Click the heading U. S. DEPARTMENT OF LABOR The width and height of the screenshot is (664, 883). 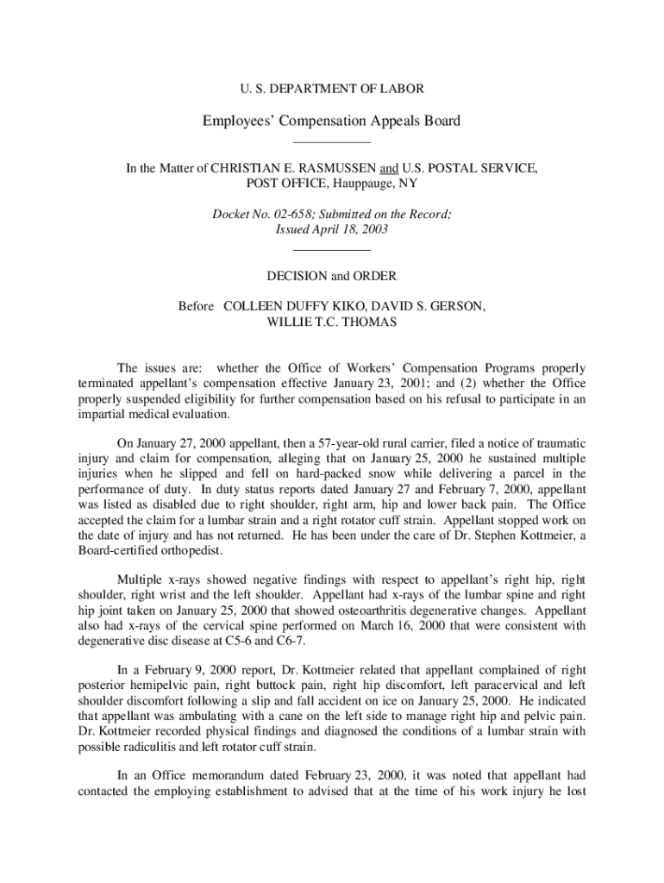coord(331,88)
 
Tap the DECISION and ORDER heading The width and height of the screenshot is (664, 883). coord(331,277)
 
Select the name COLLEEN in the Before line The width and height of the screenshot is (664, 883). coord(254,306)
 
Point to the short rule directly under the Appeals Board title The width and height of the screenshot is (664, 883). coord(331,141)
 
